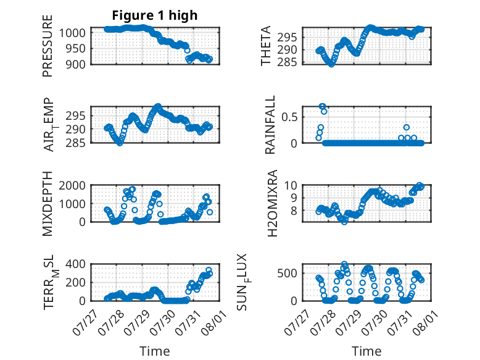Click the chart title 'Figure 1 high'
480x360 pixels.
click(x=155, y=15)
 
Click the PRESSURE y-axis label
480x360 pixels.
click(x=48, y=46)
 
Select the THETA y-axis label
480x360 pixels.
click(x=266, y=46)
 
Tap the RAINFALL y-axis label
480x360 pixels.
click(x=270, y=125)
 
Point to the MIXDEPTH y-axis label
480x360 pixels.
click(x=48, y=203)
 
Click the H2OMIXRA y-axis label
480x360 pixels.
click(x=272, y=203)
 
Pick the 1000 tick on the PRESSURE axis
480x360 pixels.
click(x=72, y=33)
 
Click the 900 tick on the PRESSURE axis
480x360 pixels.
click(x=76, y=64)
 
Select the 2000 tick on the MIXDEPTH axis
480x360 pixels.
click(x=72, y=185)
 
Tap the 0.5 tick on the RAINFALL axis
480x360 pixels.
click(x=289, y=117)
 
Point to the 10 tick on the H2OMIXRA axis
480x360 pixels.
click(x=291, y=185)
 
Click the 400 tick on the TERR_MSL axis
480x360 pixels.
click(x=76, y=264)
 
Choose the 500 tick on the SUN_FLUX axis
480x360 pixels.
click(x=287, y=273)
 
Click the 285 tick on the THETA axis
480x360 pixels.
click(x=287, y=62)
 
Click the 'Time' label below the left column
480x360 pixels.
click(x=155, y=351)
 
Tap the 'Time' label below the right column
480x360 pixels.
click(x=366, y=351)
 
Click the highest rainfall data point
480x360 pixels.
click(x=321, y=106)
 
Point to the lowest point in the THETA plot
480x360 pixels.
click(x=331, y=64)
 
